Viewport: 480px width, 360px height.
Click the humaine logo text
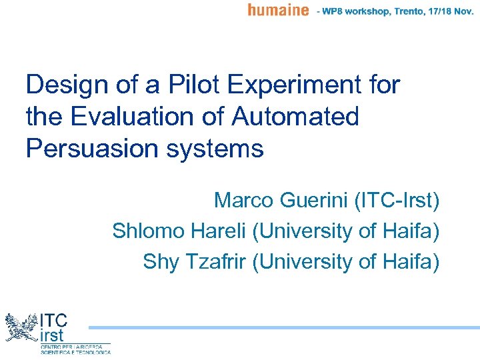[278, 10]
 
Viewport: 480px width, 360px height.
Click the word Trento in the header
[402, 11]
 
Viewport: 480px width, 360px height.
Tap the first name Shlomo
[149, 231]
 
